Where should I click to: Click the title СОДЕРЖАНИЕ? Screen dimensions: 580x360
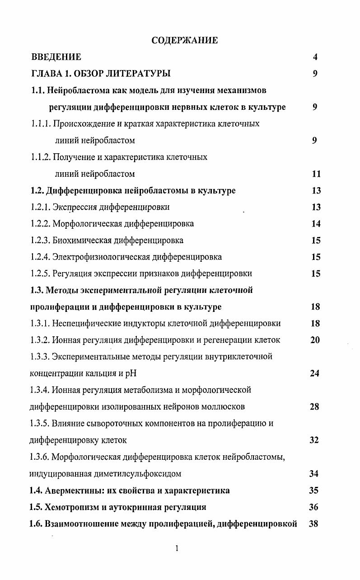pyautogui.click(x=184, y=40)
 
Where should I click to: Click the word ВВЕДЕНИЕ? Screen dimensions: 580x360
pyautogui.click(x=56, y=57)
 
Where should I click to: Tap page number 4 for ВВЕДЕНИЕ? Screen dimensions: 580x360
pyautogui.click(x=315, y=57)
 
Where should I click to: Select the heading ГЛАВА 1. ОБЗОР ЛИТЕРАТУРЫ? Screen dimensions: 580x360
pyautogui.click(x=101, y=74)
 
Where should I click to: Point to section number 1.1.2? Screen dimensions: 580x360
pyautogui.click(x=41, y=157)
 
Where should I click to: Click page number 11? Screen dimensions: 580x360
pyautogui.click(x=316, y=174)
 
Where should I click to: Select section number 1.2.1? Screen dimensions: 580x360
pyautogui.click(x=41, y=207)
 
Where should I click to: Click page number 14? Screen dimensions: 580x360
pyautogui.click(x=316, y=224)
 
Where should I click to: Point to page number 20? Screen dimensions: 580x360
pyautogui.click(x=315, y=340)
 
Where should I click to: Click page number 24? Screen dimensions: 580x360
pyautogui.click(x=315, y=373)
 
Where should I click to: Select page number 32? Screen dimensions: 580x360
pyautogui.click(x=314, y=440)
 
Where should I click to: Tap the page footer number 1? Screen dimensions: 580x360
pyautogui.click(x=177, y=549)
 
